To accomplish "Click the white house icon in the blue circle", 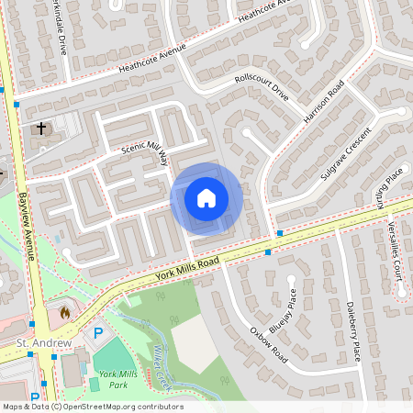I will tap(206, 198).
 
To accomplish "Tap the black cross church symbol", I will tap(41, 128).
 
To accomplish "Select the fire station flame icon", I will tap(64, 312).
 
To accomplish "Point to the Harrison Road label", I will tap(323, 103).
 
